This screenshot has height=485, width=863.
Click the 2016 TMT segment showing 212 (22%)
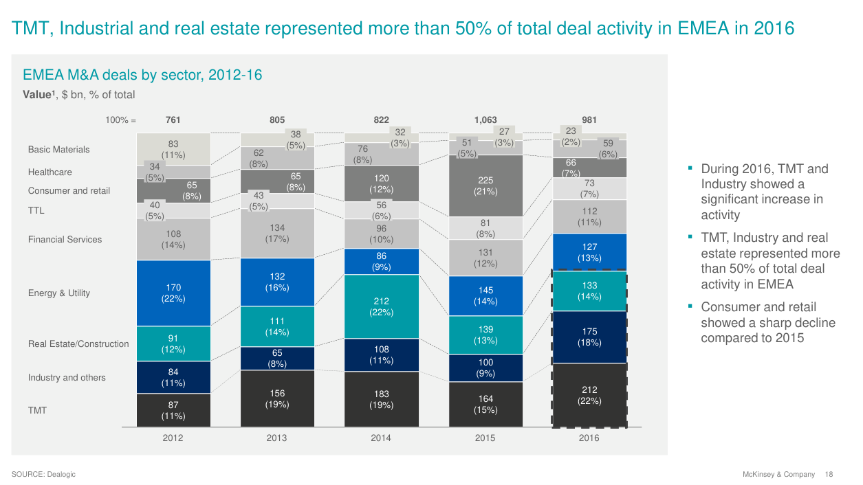[589, 395]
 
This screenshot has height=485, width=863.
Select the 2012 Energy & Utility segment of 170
[173, 293]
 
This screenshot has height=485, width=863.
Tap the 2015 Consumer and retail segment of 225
[485, 185]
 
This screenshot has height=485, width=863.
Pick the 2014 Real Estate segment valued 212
[381, 306]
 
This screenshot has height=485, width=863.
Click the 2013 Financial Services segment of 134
[277, 233]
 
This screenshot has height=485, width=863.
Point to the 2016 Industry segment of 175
[589, 337]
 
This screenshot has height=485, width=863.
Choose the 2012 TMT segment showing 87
[173, 410]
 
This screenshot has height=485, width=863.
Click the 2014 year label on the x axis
[381, 438]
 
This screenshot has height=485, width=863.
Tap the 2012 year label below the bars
[173, 438]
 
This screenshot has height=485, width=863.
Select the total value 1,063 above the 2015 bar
[485, 120]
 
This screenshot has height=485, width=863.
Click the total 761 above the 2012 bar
[173, 120]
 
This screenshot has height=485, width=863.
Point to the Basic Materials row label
[58, 150]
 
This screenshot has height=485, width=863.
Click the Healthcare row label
[50, 172]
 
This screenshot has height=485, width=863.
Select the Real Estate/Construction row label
[78, 344]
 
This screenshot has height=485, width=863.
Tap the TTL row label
[36, 211]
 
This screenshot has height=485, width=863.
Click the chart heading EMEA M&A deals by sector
[142, 74]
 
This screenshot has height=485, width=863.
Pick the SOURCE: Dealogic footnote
[43, 475]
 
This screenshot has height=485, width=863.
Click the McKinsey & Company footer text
[778, 475]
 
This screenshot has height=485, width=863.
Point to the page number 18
[829, 475]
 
